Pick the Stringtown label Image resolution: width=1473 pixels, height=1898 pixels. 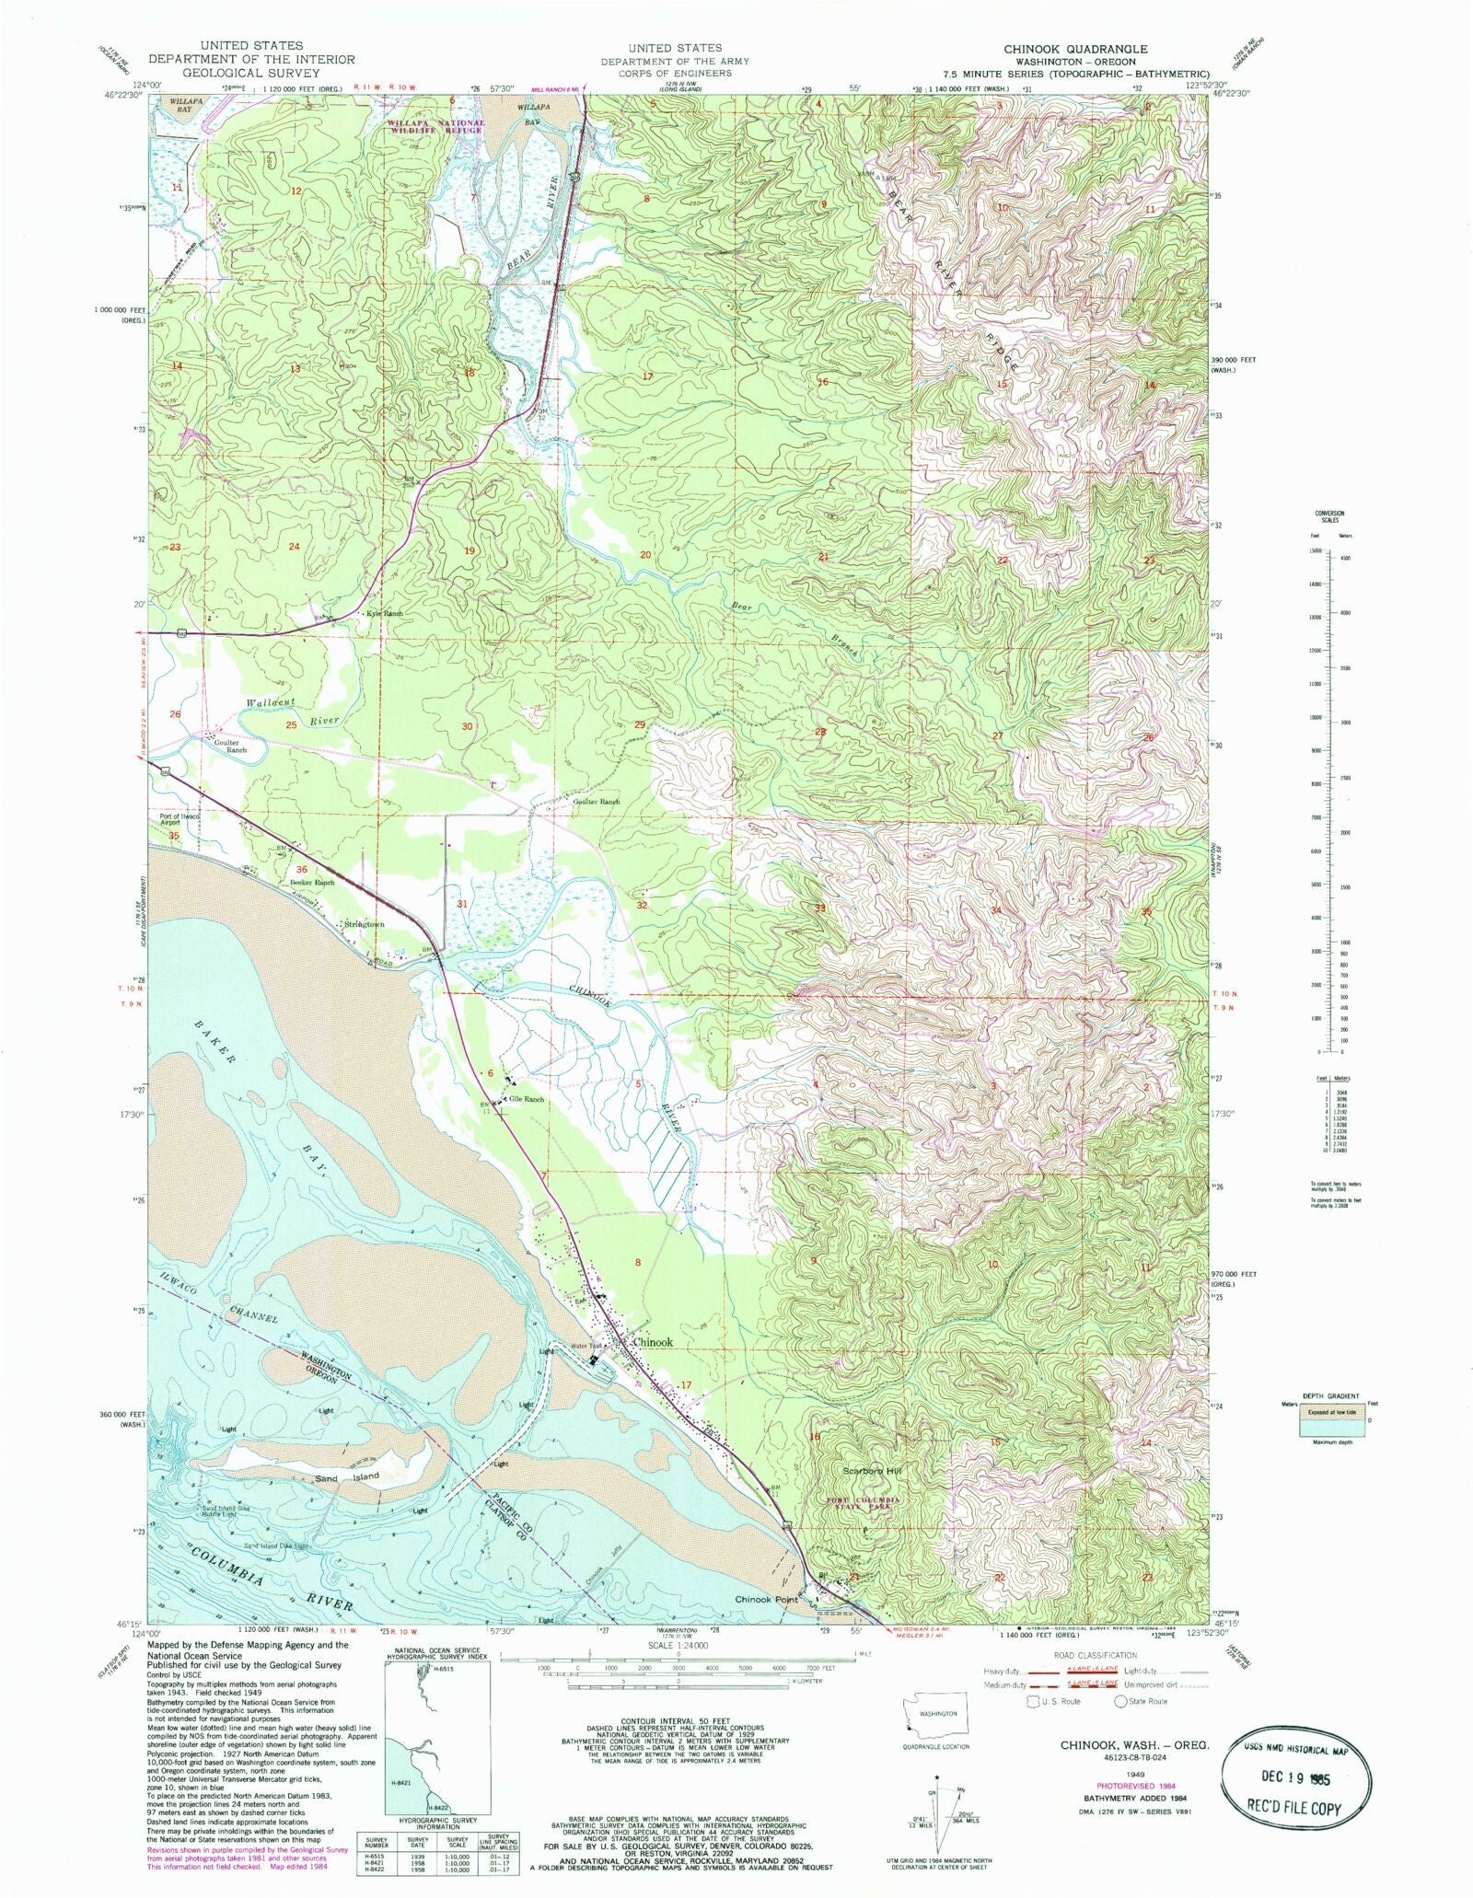363,924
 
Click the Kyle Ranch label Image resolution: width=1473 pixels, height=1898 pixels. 385,613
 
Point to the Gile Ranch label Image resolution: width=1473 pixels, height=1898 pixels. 528,1099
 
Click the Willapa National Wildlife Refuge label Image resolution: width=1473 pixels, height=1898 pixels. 435,127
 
